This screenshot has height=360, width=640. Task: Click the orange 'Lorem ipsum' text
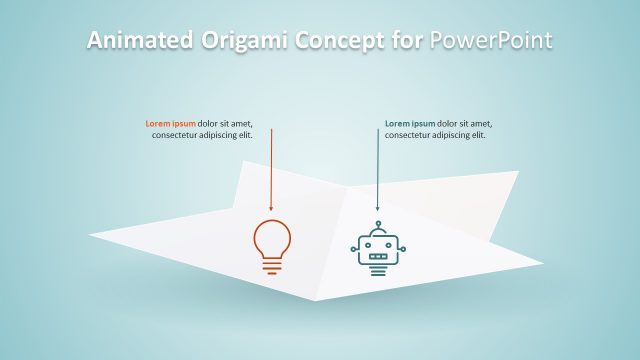point(171,124)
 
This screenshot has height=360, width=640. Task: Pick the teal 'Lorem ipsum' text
point(411,124)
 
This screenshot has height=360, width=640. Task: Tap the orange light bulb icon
point(271,245)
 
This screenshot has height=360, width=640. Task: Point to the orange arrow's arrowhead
point(271,208)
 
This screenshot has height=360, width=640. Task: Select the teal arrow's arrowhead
point(377,208)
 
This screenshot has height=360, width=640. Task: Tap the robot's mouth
point(378,255)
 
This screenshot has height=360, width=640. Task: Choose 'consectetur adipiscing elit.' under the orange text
point(202,135)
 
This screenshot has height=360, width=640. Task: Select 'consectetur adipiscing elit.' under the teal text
point(435,135)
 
